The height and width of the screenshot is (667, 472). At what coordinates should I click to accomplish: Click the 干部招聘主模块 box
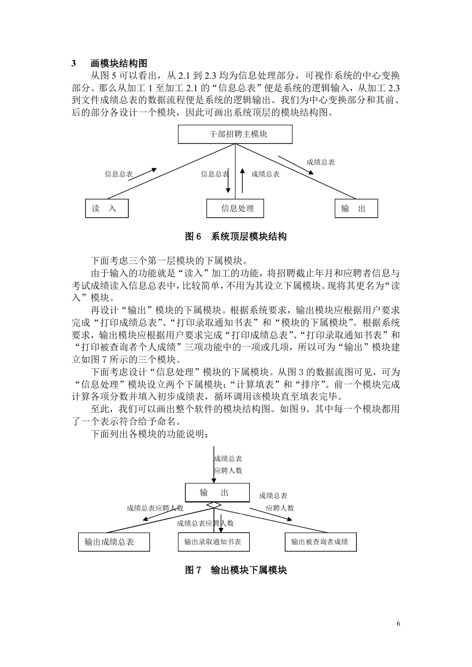click(x=235, y=134)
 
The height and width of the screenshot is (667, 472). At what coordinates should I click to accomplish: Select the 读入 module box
click(x=106, y=208)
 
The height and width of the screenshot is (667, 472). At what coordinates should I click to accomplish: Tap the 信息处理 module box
click(x=235, y=208)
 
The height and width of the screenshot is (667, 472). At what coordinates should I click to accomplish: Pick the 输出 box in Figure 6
click(x=356, y=208)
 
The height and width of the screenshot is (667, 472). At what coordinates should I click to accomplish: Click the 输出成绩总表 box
click(x=114, y=542)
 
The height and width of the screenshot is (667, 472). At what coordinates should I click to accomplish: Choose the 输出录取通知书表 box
click(x=214, y=542)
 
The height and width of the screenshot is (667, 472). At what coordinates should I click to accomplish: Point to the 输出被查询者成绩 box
click(x=320, y=542)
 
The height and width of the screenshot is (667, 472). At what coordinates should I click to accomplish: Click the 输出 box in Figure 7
click(x=217, y=493)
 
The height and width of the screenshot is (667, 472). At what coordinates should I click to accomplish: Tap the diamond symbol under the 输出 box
click(x=214, y=505)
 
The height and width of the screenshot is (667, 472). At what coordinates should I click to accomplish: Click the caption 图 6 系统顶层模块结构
click(x=236, y=236)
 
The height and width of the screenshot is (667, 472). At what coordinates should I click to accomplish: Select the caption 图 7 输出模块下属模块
click(x=236, y=570)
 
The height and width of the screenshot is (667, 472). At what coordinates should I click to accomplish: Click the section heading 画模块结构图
click(x=119, y=63)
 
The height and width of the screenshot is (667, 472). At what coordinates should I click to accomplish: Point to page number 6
click(x=399, y=624)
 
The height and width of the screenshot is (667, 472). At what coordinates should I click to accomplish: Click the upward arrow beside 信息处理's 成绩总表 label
click(x=242, y=180)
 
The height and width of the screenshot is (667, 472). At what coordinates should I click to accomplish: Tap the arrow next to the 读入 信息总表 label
click(x=142, y=174)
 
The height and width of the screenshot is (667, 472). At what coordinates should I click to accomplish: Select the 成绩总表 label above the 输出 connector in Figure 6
click(x=320, y=162)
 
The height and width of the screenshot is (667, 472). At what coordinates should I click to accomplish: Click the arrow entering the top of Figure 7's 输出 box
click(x=214, y=464)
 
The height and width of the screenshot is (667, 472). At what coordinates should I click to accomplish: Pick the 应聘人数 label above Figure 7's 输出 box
click(x=228, y=470)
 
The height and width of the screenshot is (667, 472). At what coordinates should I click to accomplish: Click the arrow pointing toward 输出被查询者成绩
click(x=271, y=514)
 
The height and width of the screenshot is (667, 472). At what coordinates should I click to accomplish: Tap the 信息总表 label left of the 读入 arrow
click(x=119, y=174)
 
